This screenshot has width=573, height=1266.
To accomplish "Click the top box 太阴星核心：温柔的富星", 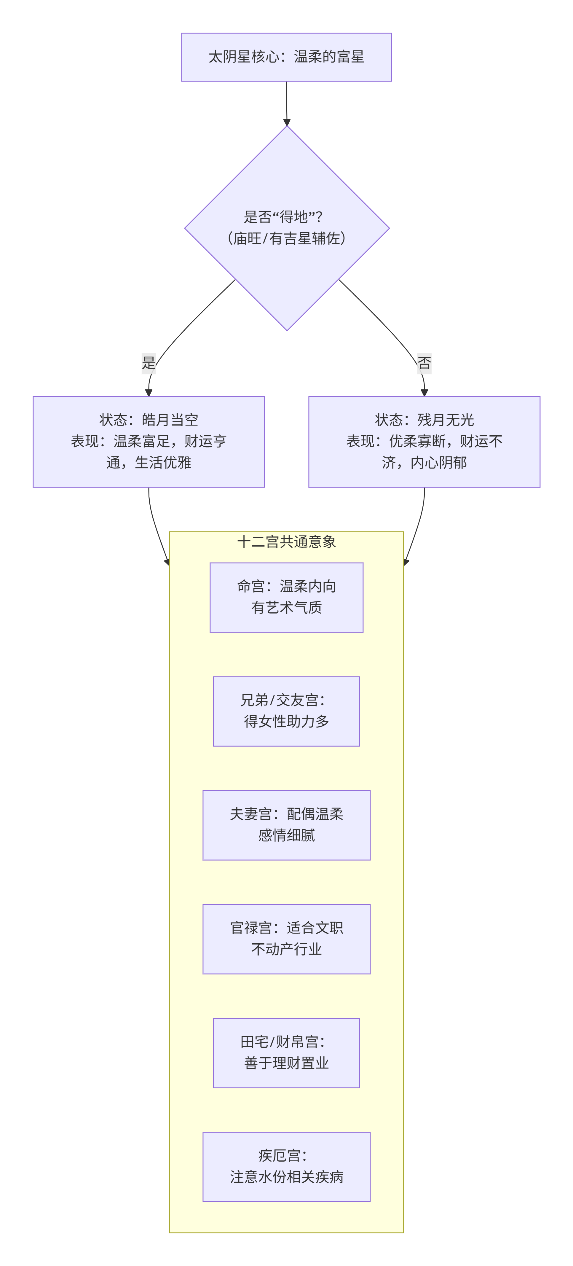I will tap(286, 57).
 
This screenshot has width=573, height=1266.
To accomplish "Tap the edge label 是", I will tap(149, 363).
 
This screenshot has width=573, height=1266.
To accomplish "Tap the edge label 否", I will tap(424, 363).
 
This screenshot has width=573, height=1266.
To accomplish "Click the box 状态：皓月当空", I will tap(149, 441).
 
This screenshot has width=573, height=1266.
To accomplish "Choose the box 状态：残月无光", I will tap(424, 441).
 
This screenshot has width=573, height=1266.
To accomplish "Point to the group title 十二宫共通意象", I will tap(286, 542).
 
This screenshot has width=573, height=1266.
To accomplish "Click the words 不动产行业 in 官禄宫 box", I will tap(286, 949).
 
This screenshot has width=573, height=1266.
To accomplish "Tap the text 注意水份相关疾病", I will tap(286, 1177).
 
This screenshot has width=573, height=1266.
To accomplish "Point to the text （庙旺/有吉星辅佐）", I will tap(286, 238).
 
